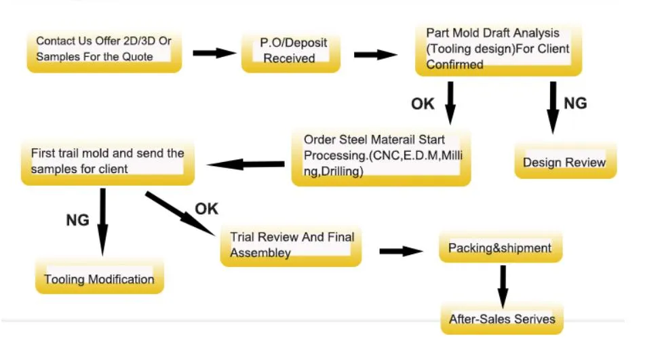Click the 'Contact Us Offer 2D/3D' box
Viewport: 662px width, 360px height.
pos(104,49)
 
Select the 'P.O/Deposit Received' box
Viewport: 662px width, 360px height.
pos(290,51)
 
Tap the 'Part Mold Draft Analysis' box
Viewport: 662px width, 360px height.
pos(498,49)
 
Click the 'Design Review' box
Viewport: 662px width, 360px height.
pos(564,162)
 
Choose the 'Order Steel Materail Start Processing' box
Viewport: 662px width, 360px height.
pos(381,156)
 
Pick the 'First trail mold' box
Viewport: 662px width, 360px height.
pos(107,161)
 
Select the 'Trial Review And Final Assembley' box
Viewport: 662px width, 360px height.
pos(291,245)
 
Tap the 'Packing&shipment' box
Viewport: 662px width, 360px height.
pos(500,248)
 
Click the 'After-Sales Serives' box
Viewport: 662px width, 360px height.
pos(502,319)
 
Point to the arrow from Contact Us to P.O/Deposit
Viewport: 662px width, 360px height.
pos(214,53)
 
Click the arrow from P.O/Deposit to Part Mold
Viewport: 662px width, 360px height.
pos(375,54)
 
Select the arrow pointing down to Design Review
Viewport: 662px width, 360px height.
pos(553,107)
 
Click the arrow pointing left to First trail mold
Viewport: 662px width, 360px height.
pos(245,164)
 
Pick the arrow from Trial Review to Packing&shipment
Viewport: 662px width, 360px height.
pos(401,251)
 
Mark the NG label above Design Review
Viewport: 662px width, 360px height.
pos(576,103)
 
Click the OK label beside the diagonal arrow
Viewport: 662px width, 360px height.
pos(206,209)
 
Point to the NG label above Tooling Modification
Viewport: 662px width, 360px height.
pos(77,220)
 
